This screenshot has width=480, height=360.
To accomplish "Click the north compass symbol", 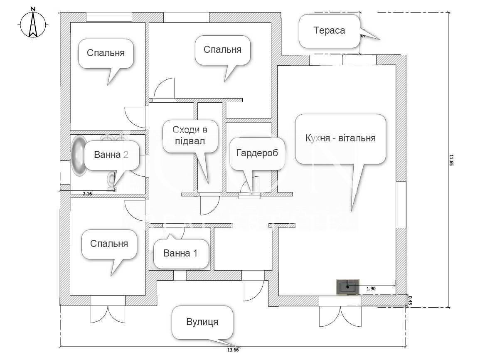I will click(33, 25).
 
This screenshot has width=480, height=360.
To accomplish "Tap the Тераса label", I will click(329, 30).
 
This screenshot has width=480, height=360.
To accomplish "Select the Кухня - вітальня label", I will click(340, 138).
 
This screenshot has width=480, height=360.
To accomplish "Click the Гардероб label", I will click(257, 153).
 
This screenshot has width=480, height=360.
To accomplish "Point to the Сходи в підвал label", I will click(190, 135).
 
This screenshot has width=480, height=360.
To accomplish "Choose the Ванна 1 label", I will click(180, 253).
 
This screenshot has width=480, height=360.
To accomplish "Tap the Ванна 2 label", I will click(111, 155).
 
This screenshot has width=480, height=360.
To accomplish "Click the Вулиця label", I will click(202, 322).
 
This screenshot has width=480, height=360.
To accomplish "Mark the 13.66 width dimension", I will click(233, 350).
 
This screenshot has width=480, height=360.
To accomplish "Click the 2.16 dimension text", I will click(87, 194).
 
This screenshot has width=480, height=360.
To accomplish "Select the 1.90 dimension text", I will click(371, 288).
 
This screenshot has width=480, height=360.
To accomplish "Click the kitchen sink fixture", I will click(347, 287).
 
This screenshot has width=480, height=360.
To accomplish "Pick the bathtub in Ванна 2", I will click(78, 156).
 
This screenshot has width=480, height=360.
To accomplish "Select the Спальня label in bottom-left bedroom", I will click(109, 244).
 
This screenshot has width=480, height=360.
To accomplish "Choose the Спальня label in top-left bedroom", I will click(106, 53).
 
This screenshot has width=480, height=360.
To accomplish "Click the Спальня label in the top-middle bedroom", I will click(222, 49).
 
